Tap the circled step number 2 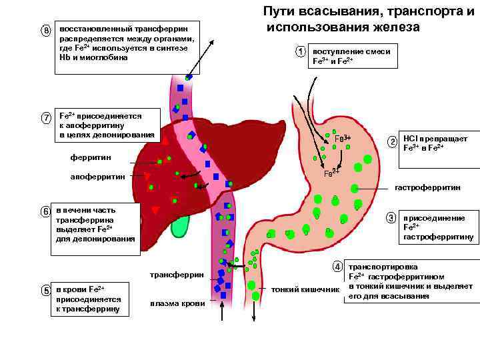393,142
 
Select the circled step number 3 392,218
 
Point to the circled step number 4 338,266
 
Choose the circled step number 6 46,211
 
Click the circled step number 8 46,31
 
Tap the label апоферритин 97,177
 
